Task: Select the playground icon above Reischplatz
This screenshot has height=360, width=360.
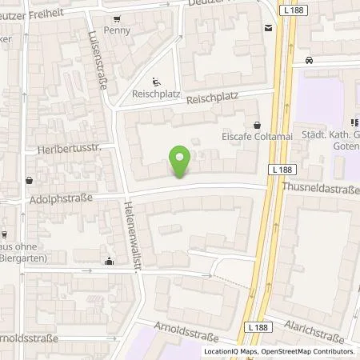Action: coord(155,79)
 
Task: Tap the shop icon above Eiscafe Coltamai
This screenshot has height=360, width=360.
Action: coord(257,124)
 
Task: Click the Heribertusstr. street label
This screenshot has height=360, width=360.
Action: coord(58,150)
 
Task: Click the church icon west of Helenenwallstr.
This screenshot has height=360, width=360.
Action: coord(110,260)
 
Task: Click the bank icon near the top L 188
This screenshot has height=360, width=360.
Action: coord(267,28)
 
